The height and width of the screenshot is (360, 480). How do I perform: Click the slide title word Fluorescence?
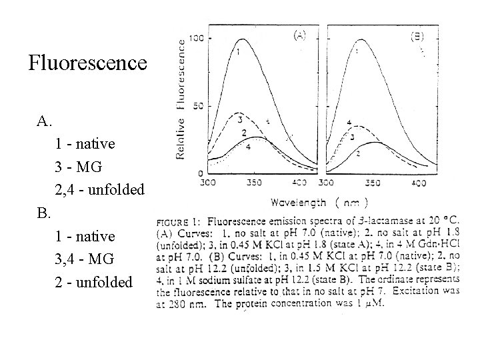[87, 63]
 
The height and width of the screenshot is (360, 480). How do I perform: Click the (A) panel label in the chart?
[299, 35]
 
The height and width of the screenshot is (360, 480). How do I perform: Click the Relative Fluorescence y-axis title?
[181, 98]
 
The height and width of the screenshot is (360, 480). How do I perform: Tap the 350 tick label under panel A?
[253, 182]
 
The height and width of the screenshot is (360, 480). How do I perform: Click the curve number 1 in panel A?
[237, 51]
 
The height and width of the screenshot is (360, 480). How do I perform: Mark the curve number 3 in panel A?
[240, 120]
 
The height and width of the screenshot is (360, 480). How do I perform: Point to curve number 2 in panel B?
[358, 154]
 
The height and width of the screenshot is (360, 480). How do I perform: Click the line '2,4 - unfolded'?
[100, 190]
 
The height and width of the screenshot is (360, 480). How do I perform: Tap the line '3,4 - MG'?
[85, 259]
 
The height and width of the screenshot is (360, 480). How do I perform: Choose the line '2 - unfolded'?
[95, 282]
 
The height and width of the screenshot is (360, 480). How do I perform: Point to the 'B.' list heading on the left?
[44, 213]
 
